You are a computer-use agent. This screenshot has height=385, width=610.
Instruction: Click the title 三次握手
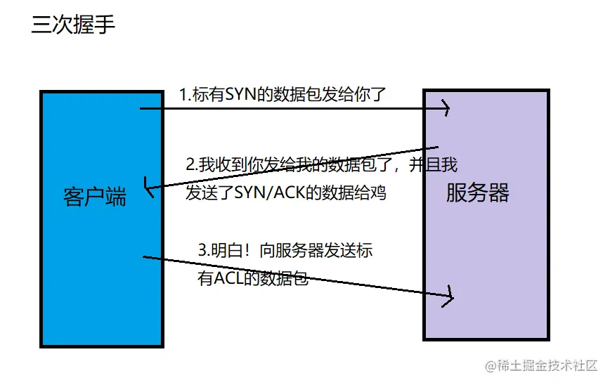pyautogui.click(x=73, y=25)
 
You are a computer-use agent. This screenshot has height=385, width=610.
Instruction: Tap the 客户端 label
pyautogui.click(x=95, y=197)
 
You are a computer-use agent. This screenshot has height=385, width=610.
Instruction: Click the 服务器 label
pyautogui.click(x=477, y=192)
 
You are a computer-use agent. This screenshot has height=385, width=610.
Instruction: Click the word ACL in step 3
pyautogui.click(x=230, y=279)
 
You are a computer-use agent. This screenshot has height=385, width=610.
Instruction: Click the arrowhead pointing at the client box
pyautogui.click(x=147, y=188)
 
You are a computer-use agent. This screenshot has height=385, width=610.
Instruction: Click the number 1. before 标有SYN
pyautogui.click(x=185, y=94)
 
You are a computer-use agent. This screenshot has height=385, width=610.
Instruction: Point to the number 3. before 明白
pyautogui.click(x=205, y=251)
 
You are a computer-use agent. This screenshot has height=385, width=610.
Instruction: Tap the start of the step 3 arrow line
pyautogui.click(x=145, y=257)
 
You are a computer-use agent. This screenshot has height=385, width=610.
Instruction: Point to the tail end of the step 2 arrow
pyautogui.click(x=437, y=148)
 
